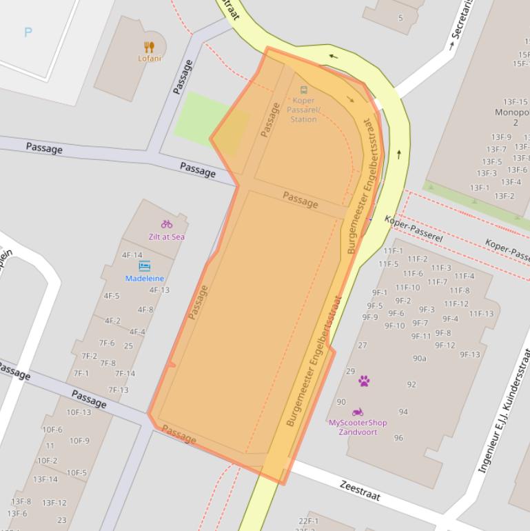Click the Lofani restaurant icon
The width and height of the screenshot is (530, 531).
(x=150, y=47)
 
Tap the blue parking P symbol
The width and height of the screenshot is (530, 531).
(x=28, y=32)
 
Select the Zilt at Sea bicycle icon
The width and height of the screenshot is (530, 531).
(x=166, y=224)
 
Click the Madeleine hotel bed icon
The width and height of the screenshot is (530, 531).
(x=145, y=266)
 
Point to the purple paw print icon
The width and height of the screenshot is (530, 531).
(x=364, y=381)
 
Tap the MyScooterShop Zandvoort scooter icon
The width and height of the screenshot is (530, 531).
(x=358, y=412)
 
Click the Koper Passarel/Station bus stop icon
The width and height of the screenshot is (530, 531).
(x=303, y=90)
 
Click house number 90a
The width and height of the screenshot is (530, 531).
(x=420, y=359)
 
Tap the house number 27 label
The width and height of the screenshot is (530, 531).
(x=363, y=345)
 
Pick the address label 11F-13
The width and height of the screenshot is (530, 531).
(x=481, y=314)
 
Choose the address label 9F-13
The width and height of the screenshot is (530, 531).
(x=470, y=354)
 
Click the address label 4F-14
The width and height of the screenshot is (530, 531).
(x=132, y=255)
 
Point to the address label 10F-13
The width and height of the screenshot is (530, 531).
(x=79, y=412)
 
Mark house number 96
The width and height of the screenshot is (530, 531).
(x=398, y=438)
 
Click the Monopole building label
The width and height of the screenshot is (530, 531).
(x=514, y=117)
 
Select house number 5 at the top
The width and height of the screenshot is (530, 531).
(x=400, y=18)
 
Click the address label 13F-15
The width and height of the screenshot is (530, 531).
(x=515, y=102)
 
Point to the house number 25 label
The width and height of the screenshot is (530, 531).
(x=128, y=346)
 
